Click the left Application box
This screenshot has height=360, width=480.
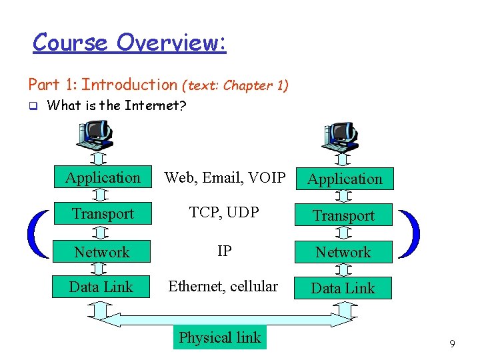coord(103,177)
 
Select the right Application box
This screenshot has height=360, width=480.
coord(344,179)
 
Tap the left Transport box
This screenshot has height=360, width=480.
coord(103,213)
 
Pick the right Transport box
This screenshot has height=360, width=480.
coord(344,215)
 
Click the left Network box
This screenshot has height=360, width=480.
coord(102,252)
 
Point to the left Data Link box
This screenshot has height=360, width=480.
coord(101,287)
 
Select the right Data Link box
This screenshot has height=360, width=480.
coord(343,288)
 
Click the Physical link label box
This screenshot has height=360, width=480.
coord(219,337)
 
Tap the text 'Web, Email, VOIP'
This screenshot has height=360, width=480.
coord(225,177)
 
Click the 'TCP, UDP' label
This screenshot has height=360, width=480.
coord(225,213)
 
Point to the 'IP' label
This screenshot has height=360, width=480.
coord(225,251)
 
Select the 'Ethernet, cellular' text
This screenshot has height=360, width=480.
coord(223,286)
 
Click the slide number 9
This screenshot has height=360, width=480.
coord(452,344)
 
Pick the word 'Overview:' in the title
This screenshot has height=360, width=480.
coord(171,43)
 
